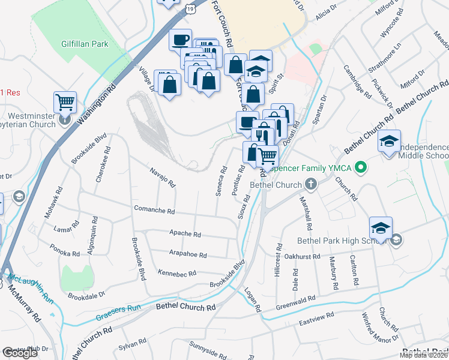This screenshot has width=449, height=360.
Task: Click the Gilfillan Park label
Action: point(84,44)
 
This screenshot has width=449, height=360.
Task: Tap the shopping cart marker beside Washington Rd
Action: point(65,102)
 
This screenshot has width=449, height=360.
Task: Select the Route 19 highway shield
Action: point(190,8)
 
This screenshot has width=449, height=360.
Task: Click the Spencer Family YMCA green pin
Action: point(361,166)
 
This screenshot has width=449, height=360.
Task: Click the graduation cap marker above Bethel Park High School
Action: point(381,228)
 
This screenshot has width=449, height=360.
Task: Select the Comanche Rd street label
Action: point(154,212)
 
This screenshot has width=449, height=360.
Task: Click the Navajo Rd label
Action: point(162,176)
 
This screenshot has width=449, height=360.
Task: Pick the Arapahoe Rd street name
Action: point(188,254)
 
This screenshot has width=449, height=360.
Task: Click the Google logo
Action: point(20,353)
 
